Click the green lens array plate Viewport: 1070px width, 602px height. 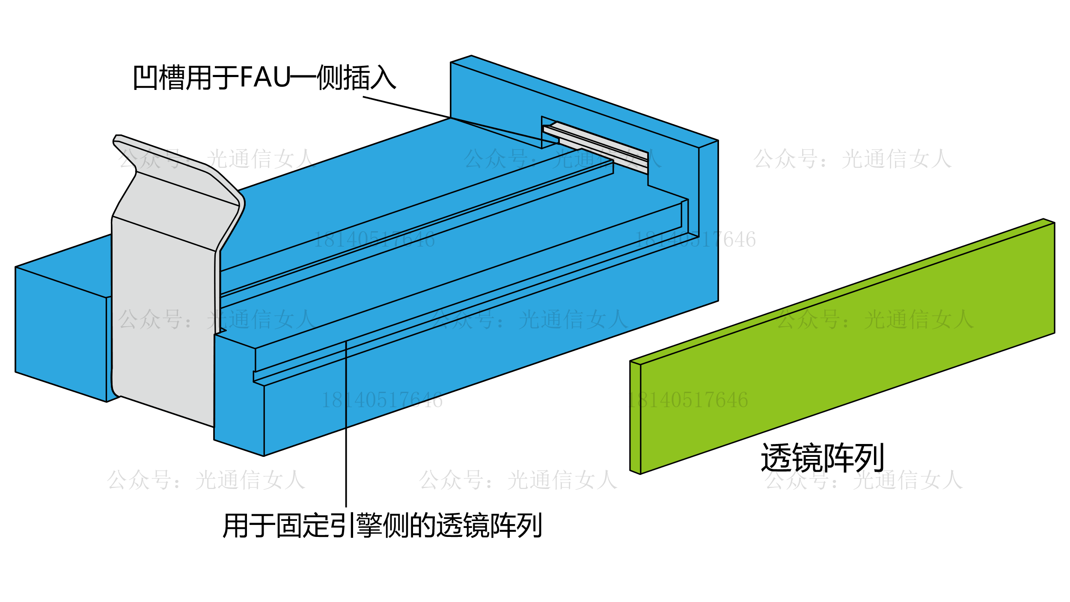point(847,347)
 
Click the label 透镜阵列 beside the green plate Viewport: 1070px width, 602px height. point(822,458)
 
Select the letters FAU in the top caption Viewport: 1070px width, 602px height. point(265,77)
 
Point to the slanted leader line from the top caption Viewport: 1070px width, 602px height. point(407,107)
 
